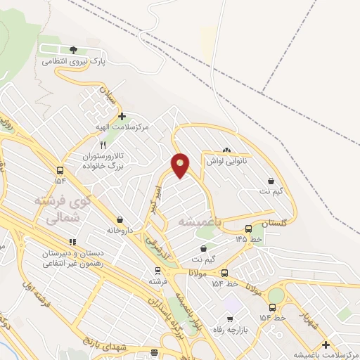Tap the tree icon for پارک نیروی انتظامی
74,50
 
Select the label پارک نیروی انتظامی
73,62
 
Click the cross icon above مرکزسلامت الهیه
122,117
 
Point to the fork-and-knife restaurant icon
103,145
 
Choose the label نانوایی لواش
224,161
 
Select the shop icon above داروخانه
119,219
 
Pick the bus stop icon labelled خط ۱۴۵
247,229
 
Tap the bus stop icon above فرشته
157,270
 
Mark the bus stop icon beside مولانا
224,273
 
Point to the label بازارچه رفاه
233,330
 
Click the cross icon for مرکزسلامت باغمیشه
325,344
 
